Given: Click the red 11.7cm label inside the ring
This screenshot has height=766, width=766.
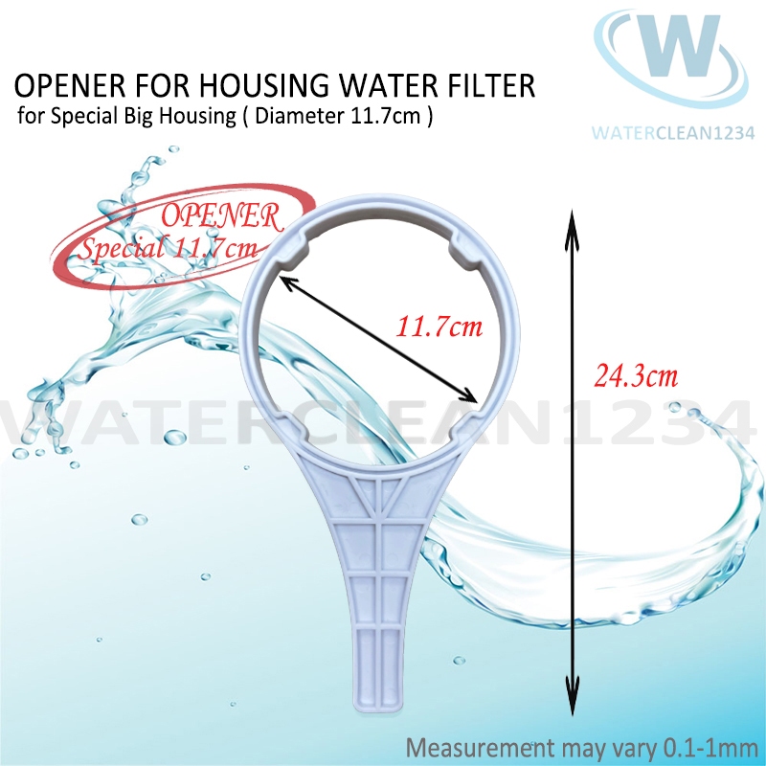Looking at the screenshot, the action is coord(439,327).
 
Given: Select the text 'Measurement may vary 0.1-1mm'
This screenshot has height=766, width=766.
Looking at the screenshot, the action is coord(582,746).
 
